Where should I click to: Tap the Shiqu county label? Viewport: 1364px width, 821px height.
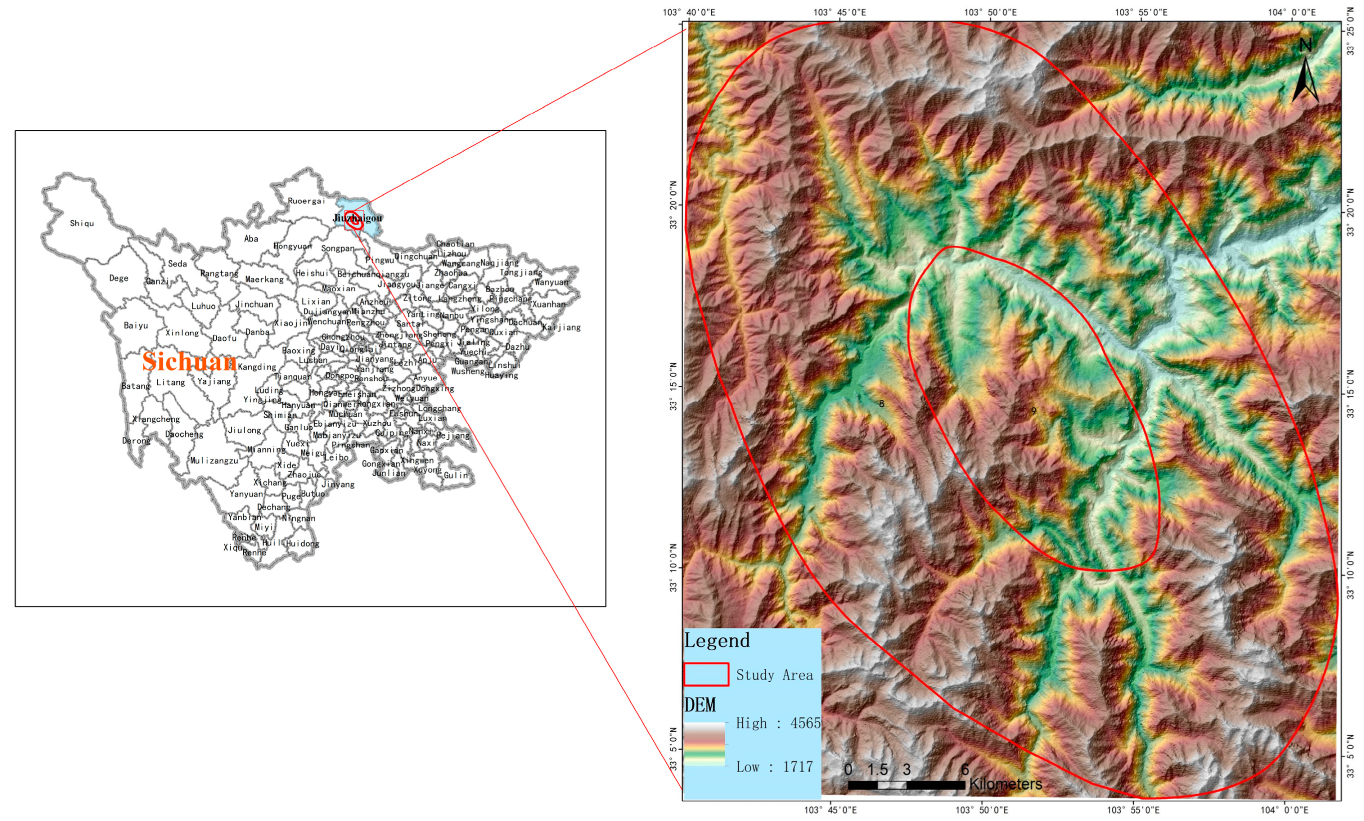[82, 224]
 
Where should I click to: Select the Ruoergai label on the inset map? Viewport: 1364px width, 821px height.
[306, 201]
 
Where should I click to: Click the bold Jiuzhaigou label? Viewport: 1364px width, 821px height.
[358, 218]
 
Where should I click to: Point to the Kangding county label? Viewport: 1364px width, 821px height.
[257, 367]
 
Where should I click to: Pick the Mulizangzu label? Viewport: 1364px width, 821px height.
[214, 460]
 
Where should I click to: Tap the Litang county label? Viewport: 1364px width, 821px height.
[170, 382]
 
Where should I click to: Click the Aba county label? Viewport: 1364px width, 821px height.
[251, 239]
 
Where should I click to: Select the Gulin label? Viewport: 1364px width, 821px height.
[455, 475]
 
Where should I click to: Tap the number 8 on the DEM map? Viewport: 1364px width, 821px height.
[882, 404]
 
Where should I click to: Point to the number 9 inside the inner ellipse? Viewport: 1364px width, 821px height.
[1033, 410]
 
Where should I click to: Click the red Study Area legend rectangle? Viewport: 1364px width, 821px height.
[706, 674]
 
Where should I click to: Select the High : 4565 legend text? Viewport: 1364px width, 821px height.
[778, 723]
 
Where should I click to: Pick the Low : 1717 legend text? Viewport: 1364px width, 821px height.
[775, 767]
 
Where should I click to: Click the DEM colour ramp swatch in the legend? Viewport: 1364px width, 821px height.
[704, 744]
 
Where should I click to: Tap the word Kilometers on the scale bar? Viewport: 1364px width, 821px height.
[1005, 784]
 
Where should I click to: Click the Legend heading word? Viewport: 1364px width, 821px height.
[717, 641]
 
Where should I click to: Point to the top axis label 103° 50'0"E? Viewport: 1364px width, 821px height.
[990, 12]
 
